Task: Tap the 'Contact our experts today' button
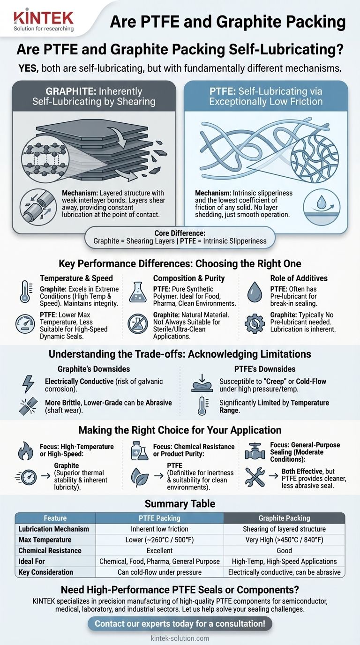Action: [180, 623]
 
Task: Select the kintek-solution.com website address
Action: [180, 638]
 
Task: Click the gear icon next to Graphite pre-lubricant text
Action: [255, 323]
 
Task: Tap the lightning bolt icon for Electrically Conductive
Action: [28, 384]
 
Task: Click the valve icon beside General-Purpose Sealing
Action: [255, 451]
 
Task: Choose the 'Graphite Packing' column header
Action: [284, 518]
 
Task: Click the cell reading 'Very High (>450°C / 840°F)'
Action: [284, 540]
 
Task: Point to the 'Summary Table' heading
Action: [180, 504]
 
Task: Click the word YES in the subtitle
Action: [29, 68]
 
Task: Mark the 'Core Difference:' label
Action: [180, 233]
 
